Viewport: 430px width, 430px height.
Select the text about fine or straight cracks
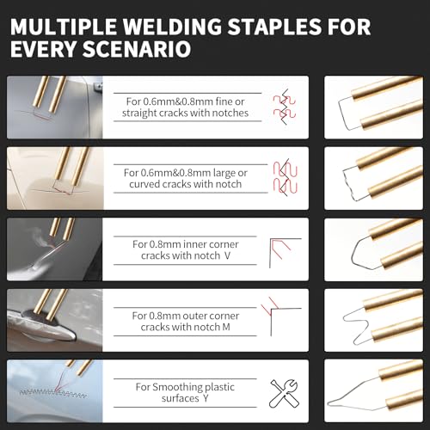click(197, 107)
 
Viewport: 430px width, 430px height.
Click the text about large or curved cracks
click(197, 178)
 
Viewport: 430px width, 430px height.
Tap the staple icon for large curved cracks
click(280, 178)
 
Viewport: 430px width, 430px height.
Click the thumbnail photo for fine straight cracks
click(53, 107)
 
